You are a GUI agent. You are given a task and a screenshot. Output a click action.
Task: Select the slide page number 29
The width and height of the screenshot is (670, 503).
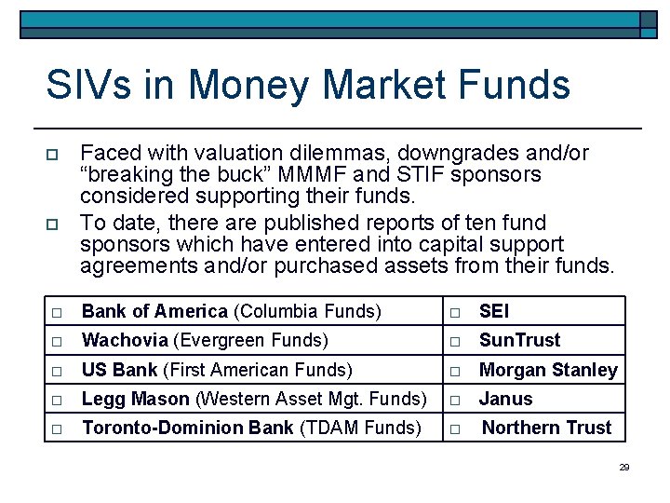pyautogui.click(x=624, y=467)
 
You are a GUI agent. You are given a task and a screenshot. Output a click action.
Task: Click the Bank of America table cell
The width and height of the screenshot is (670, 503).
pyautogui.click(x=232, y=311)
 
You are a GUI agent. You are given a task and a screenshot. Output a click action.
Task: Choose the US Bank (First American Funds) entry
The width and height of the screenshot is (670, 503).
pyautogui.click(x=217, y=370)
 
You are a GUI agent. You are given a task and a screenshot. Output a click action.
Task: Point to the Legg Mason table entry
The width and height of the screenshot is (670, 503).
pyautogui.click(x=254, y=399)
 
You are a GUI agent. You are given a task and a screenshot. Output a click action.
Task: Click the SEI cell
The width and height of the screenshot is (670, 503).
pyautogui.click(x=494, y=311)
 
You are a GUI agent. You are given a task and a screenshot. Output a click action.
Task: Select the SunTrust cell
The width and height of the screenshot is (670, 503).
pyautogui.click(x=519, y=340)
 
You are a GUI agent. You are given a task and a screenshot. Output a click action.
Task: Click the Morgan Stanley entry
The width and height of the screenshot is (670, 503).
pyautogui.click(x=547, y=370)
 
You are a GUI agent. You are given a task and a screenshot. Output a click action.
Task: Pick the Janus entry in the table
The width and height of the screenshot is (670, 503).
pyautogui.click(x=505, y=399)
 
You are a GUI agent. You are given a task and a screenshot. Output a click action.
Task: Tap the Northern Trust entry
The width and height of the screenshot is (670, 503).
pyautogui.click(x=546, y=428)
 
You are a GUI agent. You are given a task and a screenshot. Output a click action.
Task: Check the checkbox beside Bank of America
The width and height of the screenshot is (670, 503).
pyautogui.click(x=57, y=312)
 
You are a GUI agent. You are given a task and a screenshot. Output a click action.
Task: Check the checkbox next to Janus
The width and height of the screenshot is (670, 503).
pyautogui.click(x=455, y=400)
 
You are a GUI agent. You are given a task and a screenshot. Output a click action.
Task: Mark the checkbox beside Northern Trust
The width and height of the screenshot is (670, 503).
pyautogui.click(x=455, y=429)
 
